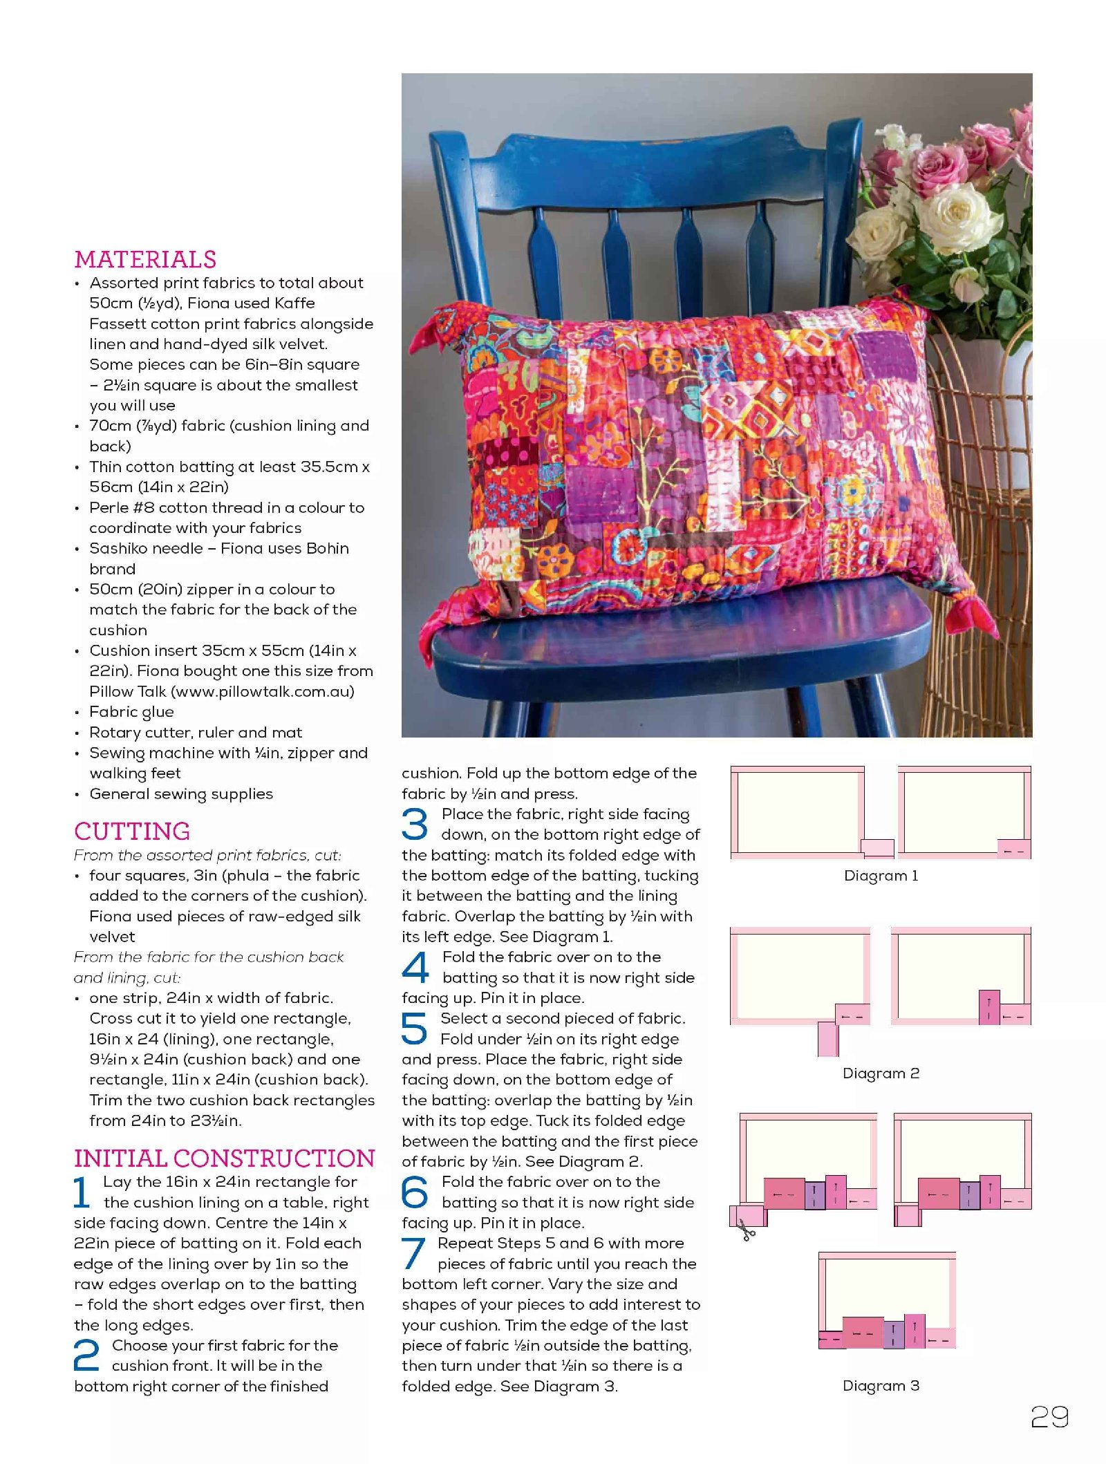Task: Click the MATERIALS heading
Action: [145, 260]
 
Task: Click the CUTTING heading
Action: [132, 832]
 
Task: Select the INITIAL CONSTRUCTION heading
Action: [224, 1158]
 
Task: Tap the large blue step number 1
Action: [82, 1192]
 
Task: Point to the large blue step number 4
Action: [415, 968]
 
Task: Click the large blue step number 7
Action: [413, 1253]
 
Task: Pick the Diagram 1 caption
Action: [881, 876]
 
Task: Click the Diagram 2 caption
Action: [881, 1073]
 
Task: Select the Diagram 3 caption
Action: [881, 1386]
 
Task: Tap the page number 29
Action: [1049, 1417]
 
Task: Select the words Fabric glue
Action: [131, 712]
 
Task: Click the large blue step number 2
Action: [86, 1355]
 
